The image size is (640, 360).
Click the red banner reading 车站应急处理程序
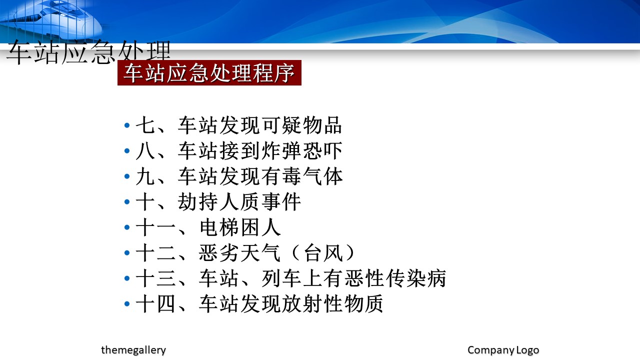[209, 73]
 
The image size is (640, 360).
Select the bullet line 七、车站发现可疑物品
[238, 125]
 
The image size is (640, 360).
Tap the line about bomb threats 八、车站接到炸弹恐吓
[238, 150]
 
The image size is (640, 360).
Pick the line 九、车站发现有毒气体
[239, 176]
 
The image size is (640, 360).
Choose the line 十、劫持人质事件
[218, 201]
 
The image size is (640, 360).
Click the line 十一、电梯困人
[208, 227]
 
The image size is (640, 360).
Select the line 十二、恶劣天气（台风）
[245, 252]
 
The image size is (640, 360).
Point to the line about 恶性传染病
[291, 278]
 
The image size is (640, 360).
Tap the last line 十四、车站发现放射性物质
[259, 303]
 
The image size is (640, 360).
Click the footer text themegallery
[133, 350]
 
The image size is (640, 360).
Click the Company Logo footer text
[503, 350]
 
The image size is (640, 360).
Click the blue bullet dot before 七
[127, 125]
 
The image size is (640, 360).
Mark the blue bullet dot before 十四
[127, 303]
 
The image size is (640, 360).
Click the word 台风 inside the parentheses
[323, 252]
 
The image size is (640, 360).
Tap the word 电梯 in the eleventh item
[219, 227]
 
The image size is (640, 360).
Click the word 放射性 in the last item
[312, 303]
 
